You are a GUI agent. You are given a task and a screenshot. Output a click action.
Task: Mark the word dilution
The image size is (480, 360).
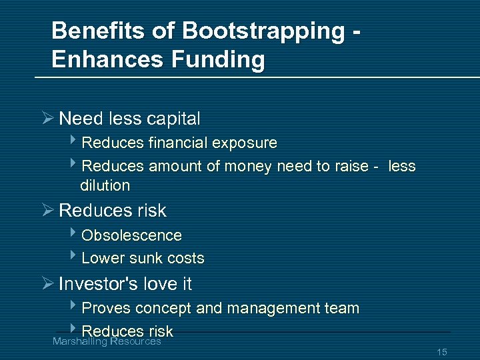pos(105,185)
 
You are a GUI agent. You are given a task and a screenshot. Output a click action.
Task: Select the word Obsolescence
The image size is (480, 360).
pos(131,235)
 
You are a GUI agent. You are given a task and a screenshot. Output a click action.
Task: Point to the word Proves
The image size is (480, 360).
pos(106,309)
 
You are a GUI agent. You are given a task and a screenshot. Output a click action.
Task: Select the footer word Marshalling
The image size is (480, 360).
pos(79,341)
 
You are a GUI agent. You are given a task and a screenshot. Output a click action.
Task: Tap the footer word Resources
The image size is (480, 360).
pos(135,341)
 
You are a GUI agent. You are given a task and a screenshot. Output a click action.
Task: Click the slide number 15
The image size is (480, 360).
pos(441,352)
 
